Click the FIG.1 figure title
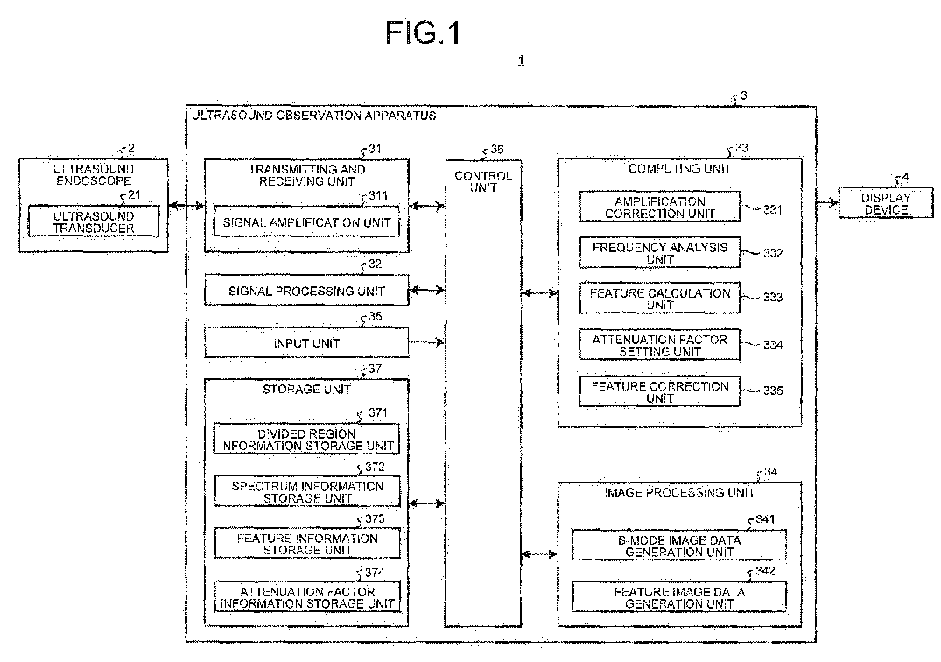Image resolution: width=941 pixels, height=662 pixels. [x=423, y=32]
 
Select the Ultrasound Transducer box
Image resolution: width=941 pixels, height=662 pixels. [x=94, y=222]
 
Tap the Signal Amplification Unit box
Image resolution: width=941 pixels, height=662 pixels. [x=306, y=222]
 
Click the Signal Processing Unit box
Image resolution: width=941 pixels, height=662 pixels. [x=306, y=291]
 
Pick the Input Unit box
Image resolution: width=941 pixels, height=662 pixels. [x=306, y=342]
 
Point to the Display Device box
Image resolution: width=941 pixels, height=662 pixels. [x=886, y=203]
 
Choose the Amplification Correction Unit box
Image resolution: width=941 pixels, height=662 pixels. [x=659, y=207]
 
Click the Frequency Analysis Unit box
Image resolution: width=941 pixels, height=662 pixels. [x=659, y=253]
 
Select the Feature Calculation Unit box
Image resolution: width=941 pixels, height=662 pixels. [x=659, y=299]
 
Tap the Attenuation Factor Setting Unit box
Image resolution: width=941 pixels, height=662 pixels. [x=659, y=345]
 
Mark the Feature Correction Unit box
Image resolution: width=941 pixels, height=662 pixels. [x=659, y=391]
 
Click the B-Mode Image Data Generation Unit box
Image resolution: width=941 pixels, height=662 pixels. [x=679, y=545]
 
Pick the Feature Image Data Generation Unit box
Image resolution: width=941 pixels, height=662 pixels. [x=679, y=597]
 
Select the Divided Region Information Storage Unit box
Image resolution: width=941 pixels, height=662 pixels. [x=306, y=439]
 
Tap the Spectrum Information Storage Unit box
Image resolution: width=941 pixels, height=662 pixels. [x=306, y=491]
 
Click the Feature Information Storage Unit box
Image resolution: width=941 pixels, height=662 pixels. [x=306, y=544]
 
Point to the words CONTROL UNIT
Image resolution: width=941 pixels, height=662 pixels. [x=483, y=181]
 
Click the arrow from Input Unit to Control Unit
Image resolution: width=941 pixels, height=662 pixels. [x=426, y=342]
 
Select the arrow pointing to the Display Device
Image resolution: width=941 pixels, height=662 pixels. [x=827, y=203]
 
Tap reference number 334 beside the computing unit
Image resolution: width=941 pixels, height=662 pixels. [x=773, y=344]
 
